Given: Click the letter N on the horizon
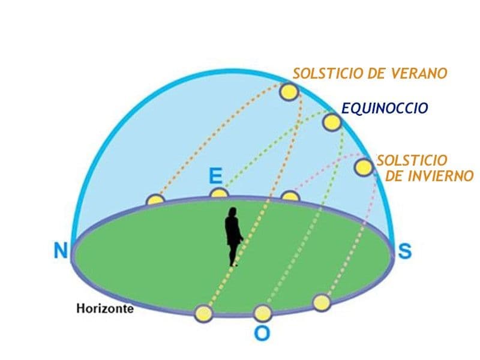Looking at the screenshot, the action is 61,250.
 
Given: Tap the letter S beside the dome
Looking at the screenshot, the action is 404,251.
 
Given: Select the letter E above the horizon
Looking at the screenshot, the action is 215,176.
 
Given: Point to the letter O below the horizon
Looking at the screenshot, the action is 262,333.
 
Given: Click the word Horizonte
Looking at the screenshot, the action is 104,308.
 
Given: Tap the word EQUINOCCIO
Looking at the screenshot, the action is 385,108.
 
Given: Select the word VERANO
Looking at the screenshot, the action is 419,73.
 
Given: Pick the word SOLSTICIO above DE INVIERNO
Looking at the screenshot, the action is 412,160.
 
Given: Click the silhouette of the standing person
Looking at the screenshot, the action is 233,236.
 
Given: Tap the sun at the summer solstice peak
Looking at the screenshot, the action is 289,92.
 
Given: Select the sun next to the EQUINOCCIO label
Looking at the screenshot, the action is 332,122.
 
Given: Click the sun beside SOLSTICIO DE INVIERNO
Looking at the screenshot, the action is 364,167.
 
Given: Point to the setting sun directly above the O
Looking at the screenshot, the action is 263,313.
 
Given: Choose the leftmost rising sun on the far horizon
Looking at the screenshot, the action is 155,199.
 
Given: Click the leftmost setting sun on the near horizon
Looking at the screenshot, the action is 204,314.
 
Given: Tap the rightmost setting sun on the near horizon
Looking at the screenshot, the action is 322,302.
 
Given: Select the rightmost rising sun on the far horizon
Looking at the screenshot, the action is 290,196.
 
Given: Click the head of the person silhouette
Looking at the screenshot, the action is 233,212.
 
